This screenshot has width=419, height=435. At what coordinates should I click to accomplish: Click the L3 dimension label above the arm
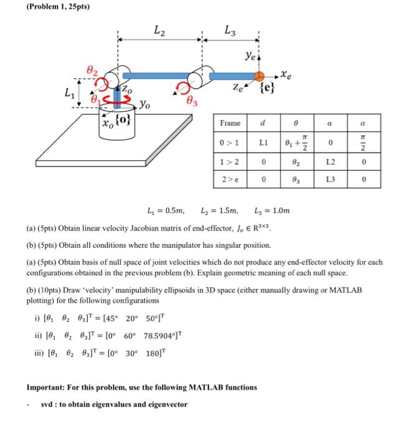[229, 29]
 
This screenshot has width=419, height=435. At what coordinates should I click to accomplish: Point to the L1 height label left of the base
[72, 94]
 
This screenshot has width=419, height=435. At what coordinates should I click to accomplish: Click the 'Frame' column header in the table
[230, 124]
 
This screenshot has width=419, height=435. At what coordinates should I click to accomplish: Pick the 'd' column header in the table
[266, 124]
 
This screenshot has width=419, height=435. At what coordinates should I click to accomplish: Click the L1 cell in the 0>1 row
[266, 144]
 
